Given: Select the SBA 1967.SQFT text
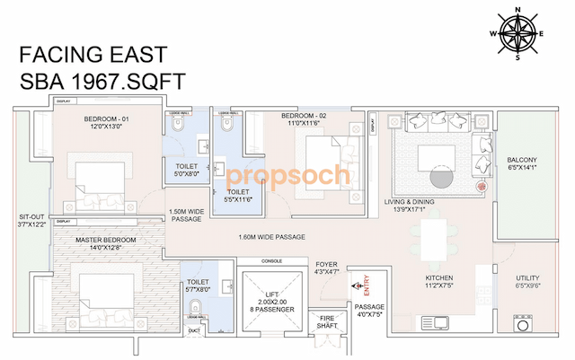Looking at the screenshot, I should (x=102, y=81).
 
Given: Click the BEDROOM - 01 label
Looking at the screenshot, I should (x=108, y=119).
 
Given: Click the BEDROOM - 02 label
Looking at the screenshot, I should (x=304, y=117).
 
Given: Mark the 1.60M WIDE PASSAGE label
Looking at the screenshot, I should (x=271, y=237).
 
